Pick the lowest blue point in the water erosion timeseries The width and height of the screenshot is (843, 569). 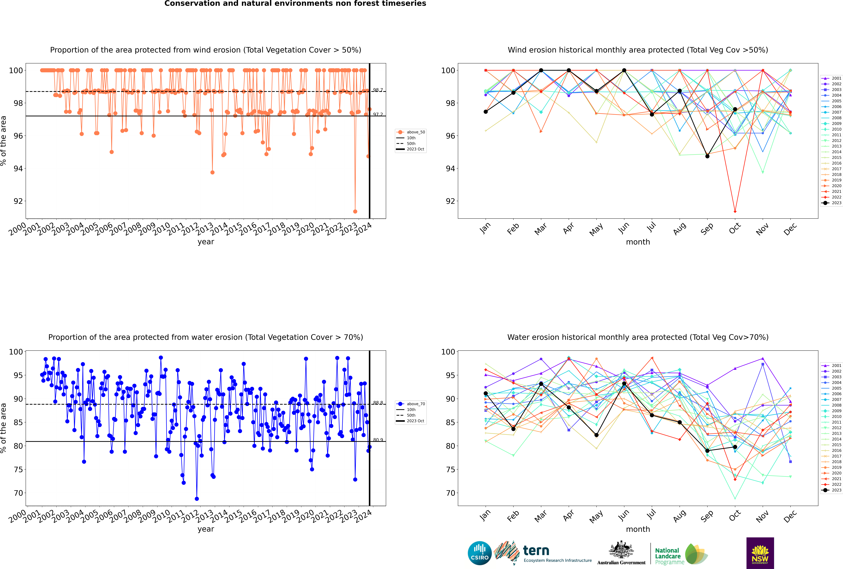197,499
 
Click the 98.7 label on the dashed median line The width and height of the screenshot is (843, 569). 378,90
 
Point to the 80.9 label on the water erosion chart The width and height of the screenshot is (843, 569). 378,440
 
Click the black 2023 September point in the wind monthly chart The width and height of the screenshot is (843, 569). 707,156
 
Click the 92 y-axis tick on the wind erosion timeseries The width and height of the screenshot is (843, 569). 18,201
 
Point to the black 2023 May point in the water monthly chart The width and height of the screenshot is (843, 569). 596,435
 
